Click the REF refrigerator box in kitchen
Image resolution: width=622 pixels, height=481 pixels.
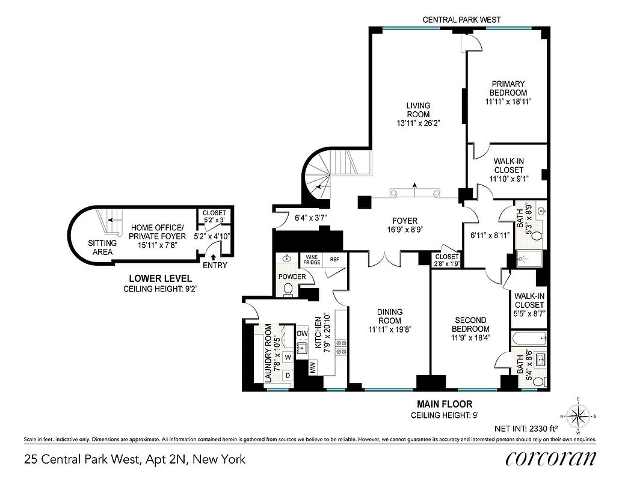click(334, 260)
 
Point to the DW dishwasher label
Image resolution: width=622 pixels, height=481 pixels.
click(302, 333)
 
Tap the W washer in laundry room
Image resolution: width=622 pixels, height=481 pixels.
click(288, 357)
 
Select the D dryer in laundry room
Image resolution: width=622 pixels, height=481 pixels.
click(288, 375)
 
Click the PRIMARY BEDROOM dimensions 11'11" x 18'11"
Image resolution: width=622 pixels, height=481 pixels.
click(508, 102)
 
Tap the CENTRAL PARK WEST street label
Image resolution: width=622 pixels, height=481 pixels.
click(461, 20)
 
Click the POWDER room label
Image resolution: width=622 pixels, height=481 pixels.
click(291, 277)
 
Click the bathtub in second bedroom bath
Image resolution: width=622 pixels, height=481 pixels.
click(528, 339)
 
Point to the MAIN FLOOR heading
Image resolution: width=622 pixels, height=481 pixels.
click(445, 404)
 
